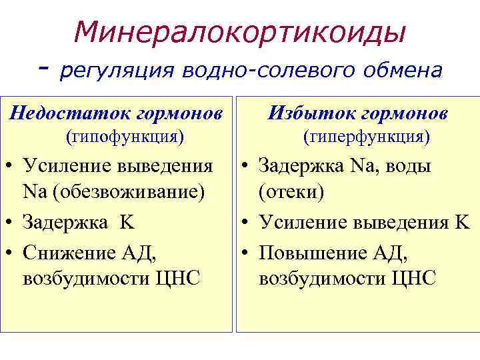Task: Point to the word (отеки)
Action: [291, 192]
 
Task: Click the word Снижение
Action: [67, 253]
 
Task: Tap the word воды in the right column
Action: [405, 165]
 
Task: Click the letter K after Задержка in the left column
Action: [127, 222]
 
